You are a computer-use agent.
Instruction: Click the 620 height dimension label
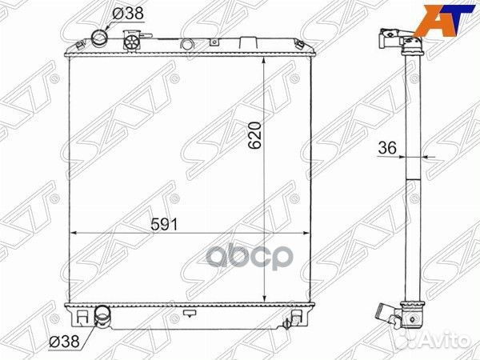254,135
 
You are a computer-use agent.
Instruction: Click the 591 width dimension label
164,225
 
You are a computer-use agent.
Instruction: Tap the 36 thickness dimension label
387,148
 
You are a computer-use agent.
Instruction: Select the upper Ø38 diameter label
128,14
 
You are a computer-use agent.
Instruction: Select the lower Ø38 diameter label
64,341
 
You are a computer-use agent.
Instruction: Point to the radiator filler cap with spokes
132,42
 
